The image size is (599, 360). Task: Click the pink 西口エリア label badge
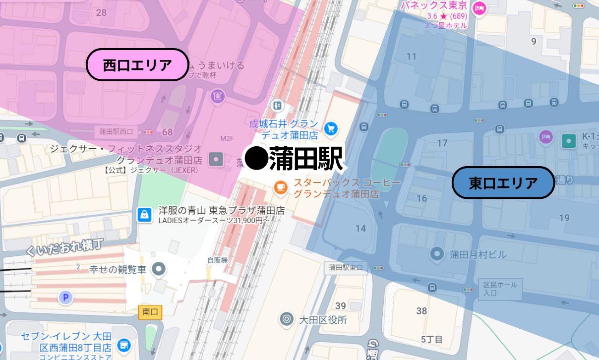click(137, 64)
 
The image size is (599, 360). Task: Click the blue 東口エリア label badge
click(503, 183)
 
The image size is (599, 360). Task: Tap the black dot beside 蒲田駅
click(257, 158)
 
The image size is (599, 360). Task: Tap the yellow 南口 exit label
click(150, 312)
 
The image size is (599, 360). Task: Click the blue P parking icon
click(65, 298)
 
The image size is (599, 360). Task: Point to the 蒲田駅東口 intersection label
click(346, 268)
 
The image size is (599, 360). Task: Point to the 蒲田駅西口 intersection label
click(116, 132)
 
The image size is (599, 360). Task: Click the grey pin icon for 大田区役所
click(286, 319)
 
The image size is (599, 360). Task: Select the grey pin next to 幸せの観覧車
click(159, 269)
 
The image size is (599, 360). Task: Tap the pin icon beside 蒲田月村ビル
click(437, 254)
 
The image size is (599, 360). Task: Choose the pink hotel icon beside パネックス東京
click(479, 8)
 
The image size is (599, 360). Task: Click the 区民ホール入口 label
click(500, 289)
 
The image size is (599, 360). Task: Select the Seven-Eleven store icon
click(124, 345)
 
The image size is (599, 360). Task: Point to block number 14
click(360, 229)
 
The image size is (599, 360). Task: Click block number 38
click(421, 311)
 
